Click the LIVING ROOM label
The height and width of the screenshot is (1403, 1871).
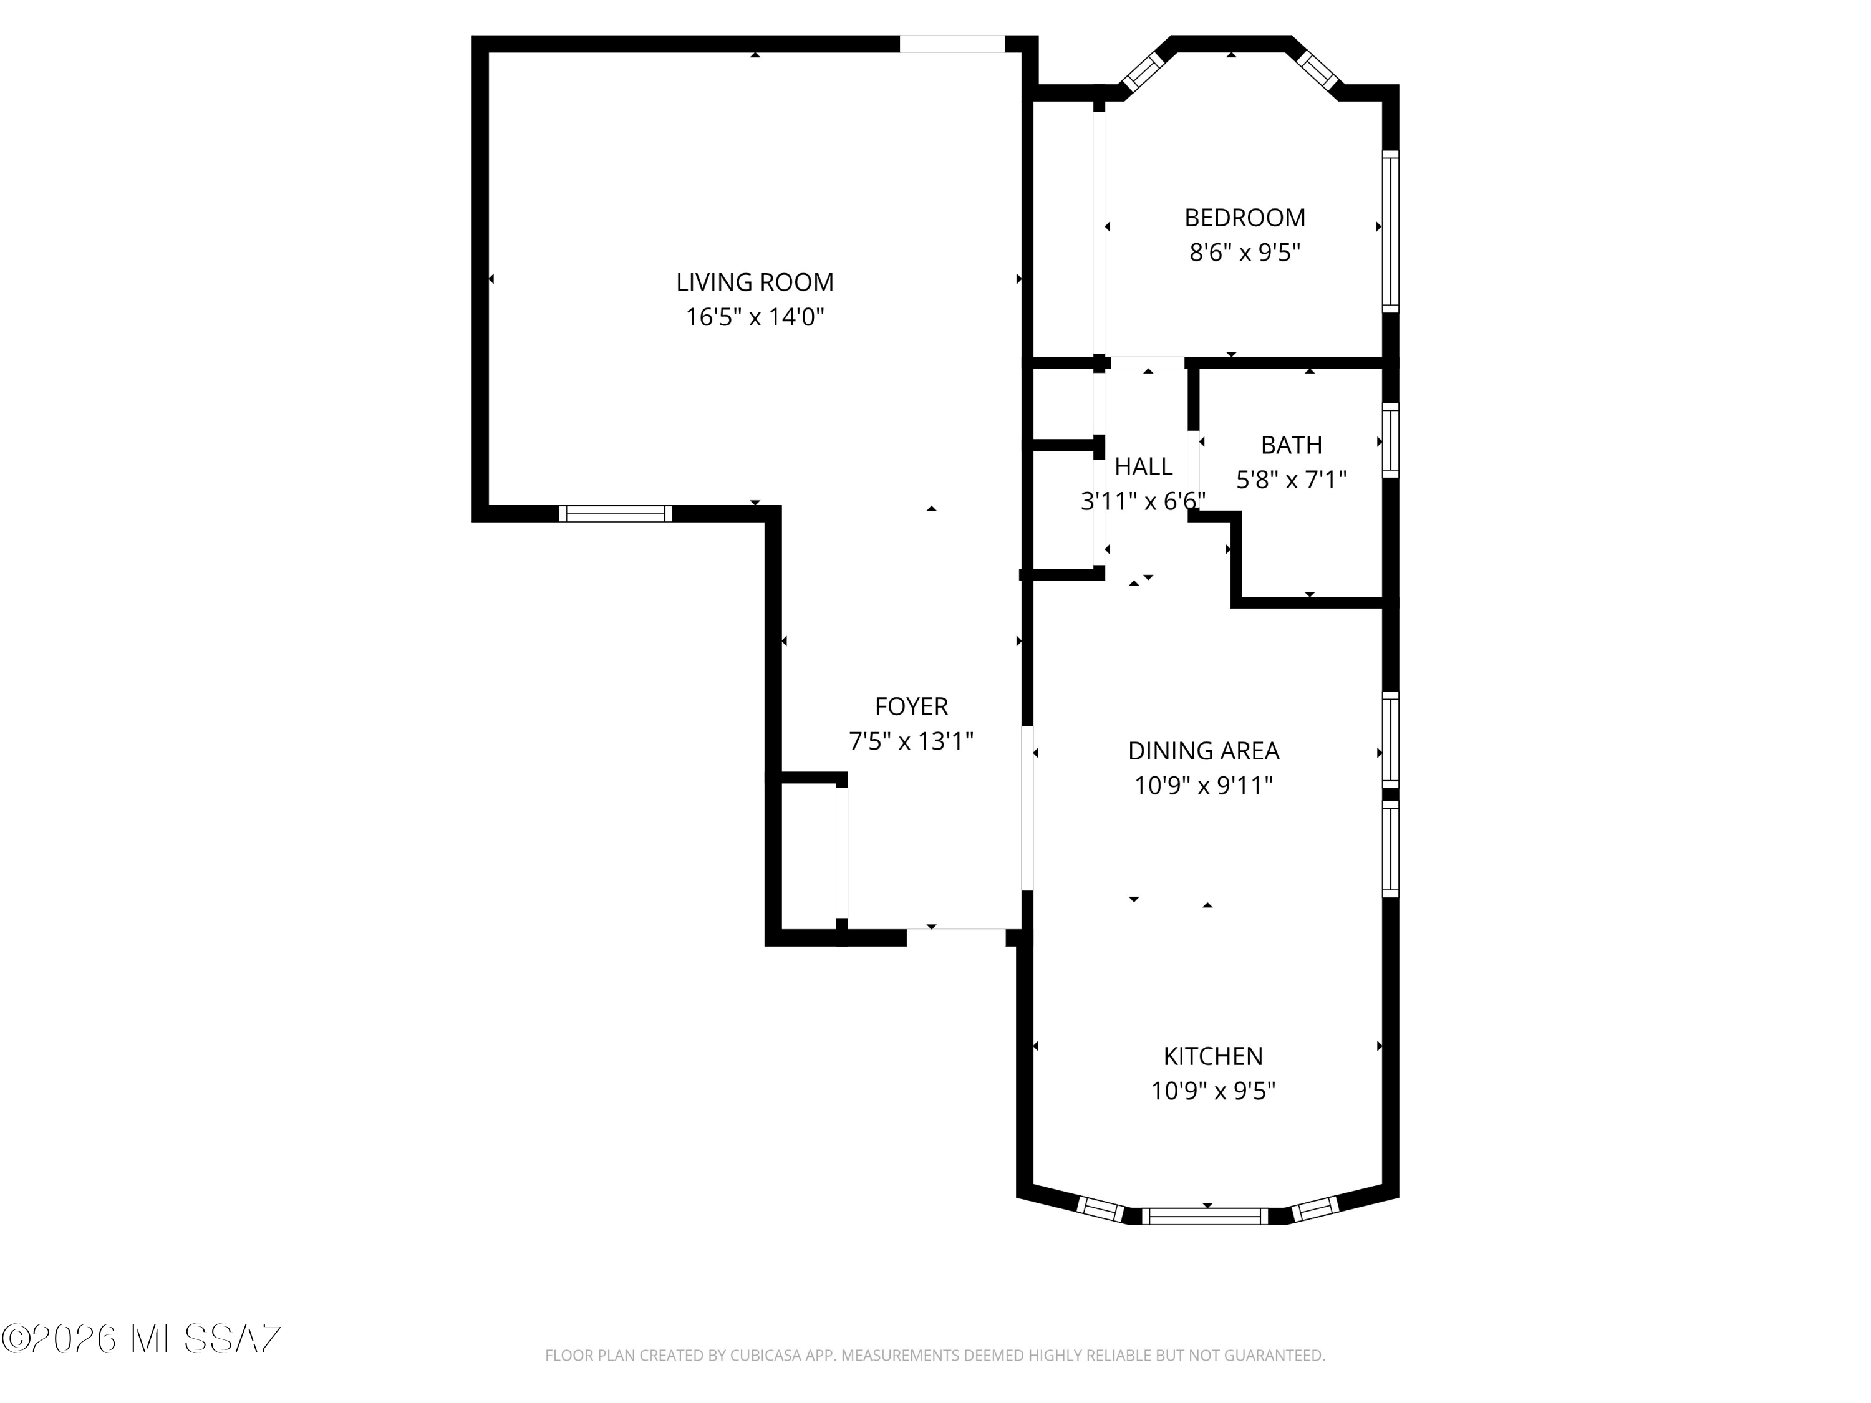(755, 282)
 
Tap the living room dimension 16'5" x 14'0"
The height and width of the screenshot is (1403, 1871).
(755, 317)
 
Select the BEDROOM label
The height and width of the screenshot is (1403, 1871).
(1244, 218)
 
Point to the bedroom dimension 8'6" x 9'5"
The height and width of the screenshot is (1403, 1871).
(1244, 253)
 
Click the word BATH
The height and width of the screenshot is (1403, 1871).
(1291, 445)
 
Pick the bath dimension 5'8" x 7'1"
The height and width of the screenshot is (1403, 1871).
(1291, 480)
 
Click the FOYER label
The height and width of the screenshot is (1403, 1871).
(911, 706)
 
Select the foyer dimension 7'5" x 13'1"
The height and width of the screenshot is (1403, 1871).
(911, 741)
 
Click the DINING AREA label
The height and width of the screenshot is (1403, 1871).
(1203, 751)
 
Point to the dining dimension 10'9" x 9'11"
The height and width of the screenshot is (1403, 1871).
(1203, 786)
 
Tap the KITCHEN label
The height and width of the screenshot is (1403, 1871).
(1213, 1056)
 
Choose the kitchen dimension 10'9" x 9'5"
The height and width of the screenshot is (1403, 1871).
(1213, 1092)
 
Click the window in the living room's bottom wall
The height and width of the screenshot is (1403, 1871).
(615, 513)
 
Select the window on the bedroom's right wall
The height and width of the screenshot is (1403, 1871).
(1391, 231)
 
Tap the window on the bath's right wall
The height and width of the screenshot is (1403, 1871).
(1391, 440)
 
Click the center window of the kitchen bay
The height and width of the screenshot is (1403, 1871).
(1206, 1216)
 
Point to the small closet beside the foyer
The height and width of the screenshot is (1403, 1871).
(808, 855)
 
